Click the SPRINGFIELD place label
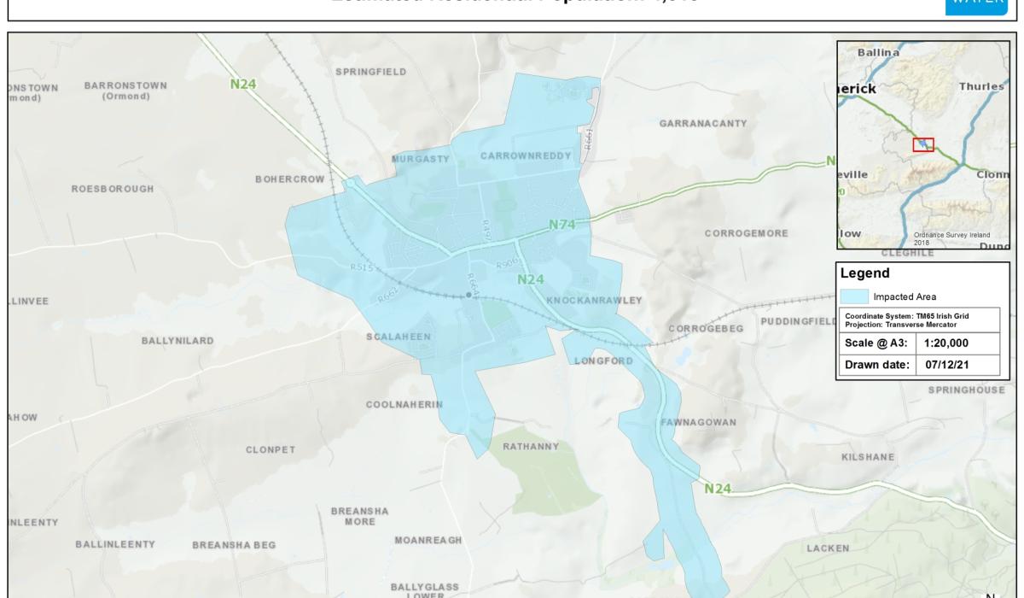tap(371, 72)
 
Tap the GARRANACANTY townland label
tap(702, 123)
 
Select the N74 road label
tap(563, 226)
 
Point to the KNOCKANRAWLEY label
tap(593, 301)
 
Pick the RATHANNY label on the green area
tap(531, 446)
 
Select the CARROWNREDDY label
tap(517, 156)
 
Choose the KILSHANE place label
tap(868, 458)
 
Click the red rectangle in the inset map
tap(923, 144)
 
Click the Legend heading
tap(865, 274)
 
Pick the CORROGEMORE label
tap(747, 232)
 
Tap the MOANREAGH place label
tap(428, 541)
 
